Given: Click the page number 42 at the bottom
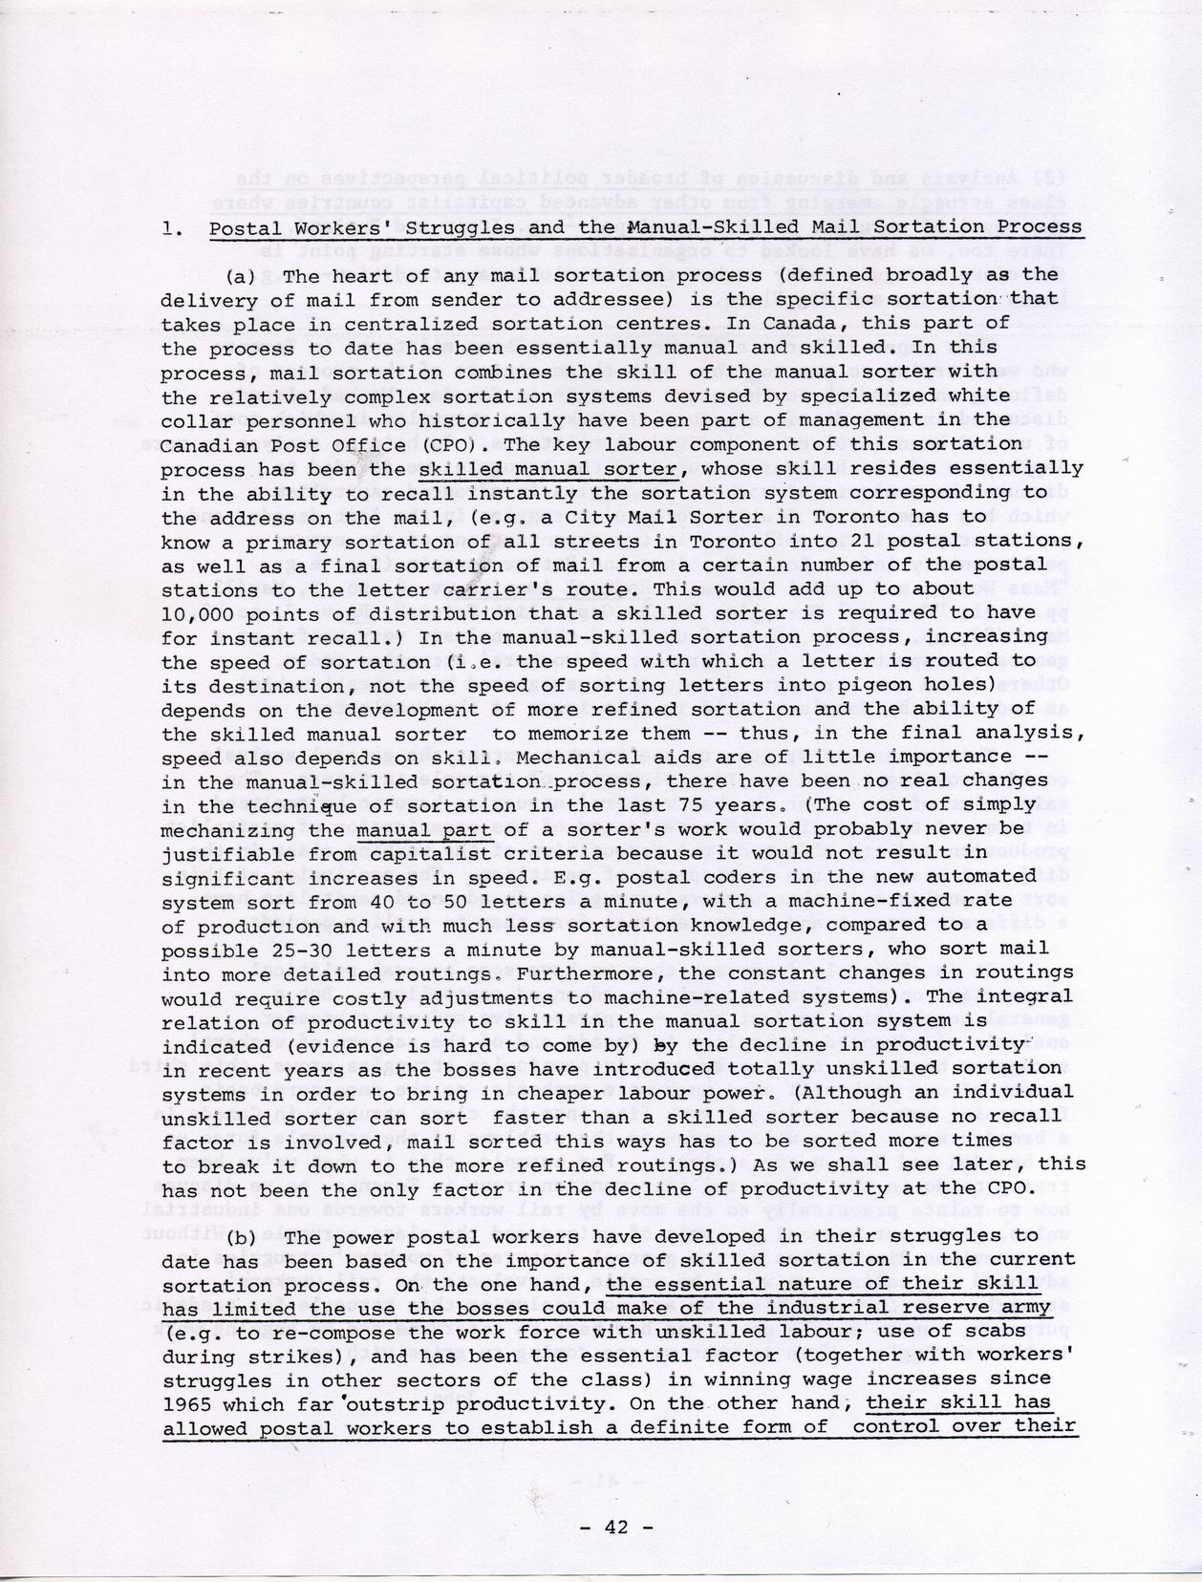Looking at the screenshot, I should [617, 1527].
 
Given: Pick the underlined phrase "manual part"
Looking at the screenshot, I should [423, 829].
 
